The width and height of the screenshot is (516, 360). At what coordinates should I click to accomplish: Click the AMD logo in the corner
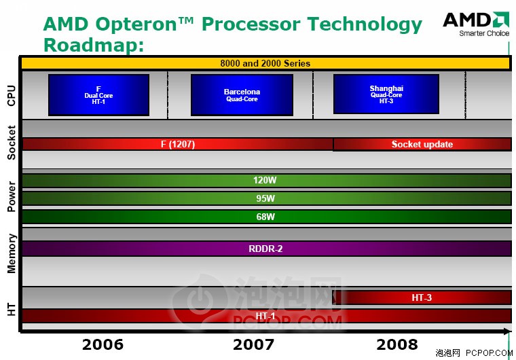coord(476,24)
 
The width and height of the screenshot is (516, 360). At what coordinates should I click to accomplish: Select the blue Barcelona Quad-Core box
coord(242,95)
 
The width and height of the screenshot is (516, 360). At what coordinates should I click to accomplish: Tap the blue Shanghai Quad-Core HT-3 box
coord(386,94)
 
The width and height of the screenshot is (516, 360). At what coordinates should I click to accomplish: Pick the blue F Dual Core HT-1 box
coord(98,95)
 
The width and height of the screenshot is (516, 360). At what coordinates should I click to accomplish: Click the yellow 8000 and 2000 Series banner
coord(265,63)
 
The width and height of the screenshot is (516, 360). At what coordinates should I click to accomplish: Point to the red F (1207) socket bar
coord(178,144)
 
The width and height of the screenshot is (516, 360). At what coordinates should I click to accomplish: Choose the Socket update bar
coord(422,144)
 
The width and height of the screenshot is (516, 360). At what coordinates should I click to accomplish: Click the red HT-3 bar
coord(422,298)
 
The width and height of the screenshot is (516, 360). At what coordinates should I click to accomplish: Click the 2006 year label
coord(103,345)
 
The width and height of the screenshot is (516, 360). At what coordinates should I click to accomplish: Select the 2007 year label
coord(253,345)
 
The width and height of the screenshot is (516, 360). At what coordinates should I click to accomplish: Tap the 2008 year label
coord(397,345)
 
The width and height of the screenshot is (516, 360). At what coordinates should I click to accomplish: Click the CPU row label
coord(11,96)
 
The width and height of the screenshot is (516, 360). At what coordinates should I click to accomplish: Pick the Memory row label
coord(11,253)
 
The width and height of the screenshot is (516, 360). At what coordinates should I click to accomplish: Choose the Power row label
coord(11,196)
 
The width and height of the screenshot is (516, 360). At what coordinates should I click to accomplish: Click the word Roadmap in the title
coord(94,45)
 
